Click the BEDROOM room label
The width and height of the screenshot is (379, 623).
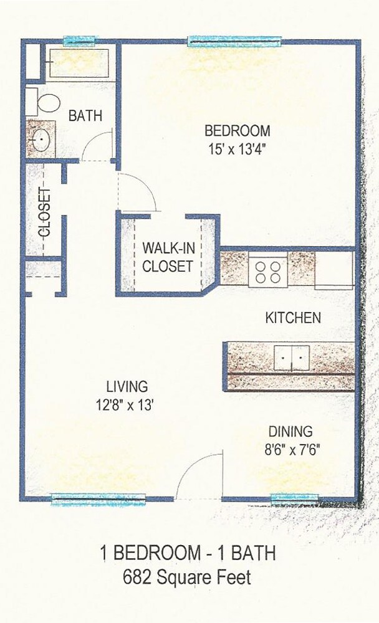237,131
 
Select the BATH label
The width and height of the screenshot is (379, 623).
85,116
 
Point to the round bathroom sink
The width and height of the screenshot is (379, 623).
40,141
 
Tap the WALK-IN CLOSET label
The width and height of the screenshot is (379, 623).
168,257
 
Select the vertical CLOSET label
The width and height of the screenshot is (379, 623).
45,212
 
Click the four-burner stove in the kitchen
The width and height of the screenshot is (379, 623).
268,271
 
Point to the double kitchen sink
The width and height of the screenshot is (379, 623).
291,358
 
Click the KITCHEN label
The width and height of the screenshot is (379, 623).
293,318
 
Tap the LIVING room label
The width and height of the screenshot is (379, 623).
126,386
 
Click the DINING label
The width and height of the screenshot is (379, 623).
290,431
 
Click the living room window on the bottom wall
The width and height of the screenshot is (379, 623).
98,498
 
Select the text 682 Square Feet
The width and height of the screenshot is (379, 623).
188,577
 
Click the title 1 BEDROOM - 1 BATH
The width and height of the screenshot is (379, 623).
188,553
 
